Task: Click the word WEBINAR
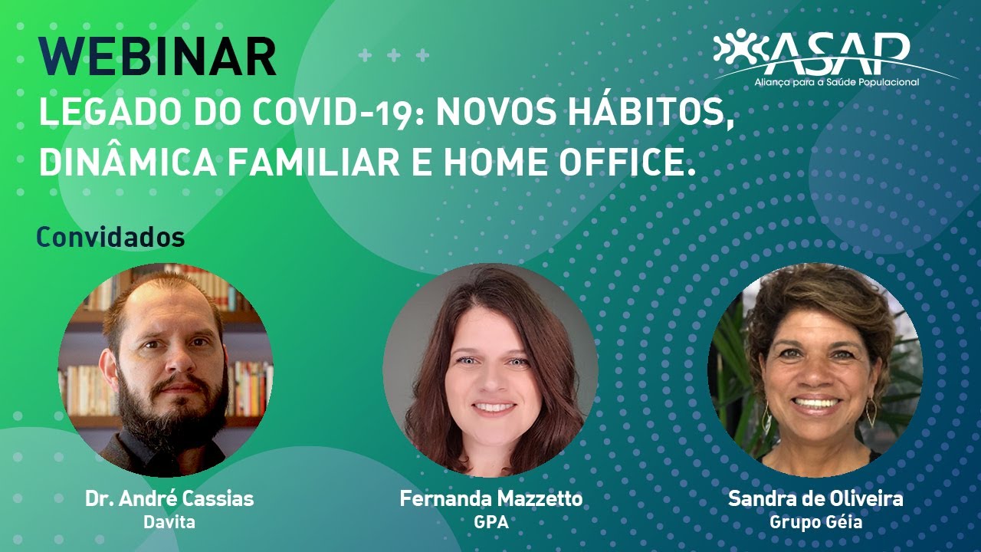coord(158,57)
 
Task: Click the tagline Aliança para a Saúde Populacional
coord(836,82)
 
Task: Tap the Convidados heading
coord(110,237)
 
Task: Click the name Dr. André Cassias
coord(169,498)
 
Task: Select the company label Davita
coord(169,522)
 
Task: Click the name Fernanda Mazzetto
coord(491,498)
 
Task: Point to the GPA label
coord(491,522)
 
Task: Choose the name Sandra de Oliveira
coord(815,498)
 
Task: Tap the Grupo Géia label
coord(816,523)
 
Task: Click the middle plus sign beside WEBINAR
coord(394,56)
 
